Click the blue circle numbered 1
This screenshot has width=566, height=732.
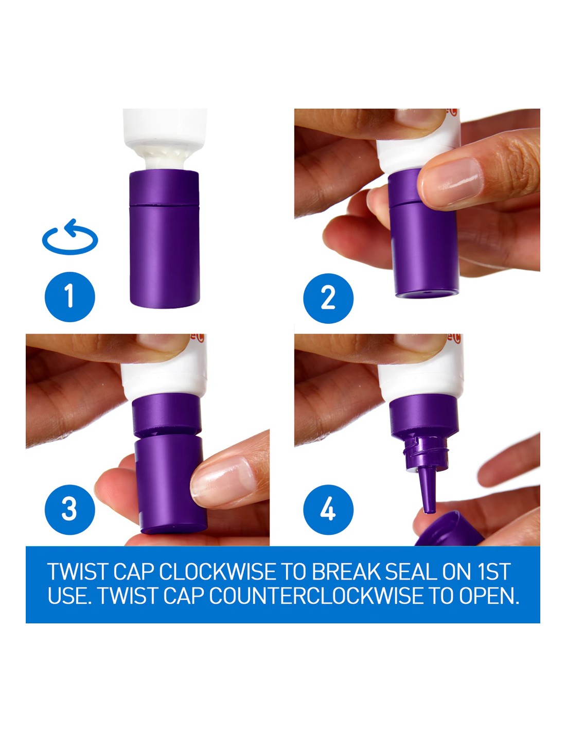click(x=69, y=297)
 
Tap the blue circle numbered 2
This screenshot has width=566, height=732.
click(x=328, y=298)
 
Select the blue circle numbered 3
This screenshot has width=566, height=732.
click(x=69, y=509)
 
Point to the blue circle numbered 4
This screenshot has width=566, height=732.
click(x=328, y=509)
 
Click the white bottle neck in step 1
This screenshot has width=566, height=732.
click(x=165, y=160)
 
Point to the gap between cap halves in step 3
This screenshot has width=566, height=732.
click(x=167, y=432)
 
